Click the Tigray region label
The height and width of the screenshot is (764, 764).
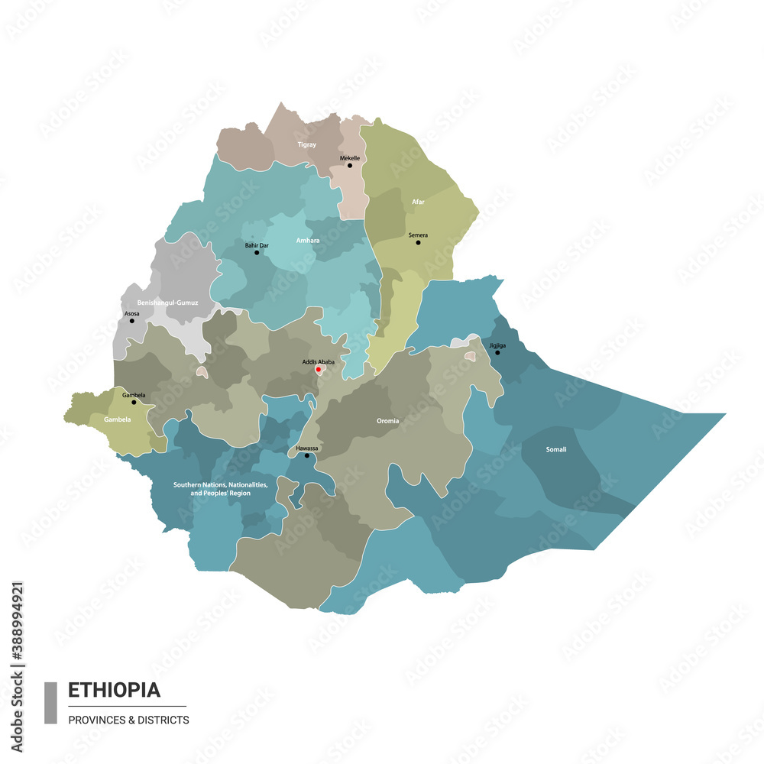[x=306, y=144]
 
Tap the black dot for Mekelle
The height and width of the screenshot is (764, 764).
[x=350, y=165]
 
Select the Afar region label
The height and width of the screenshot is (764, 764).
[x=418, y=202]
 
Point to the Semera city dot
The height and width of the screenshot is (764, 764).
[x=418, y=242]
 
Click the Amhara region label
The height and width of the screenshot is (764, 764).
[x=308, y=241]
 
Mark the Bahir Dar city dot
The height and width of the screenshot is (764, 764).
[x=257, y=252]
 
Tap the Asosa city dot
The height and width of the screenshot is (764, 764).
[x=132, y=320]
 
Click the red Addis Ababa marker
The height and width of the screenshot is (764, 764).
[x=318, y=370]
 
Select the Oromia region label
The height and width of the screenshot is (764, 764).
[x=387, y=421]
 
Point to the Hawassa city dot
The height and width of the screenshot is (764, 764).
[x=307, y=456]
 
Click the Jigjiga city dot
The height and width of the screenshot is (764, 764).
[x=497, y=352]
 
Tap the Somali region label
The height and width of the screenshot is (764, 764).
[x=556, y=449]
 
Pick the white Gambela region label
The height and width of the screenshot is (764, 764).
[x=118, y=420]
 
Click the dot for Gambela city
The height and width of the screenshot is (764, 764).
[x=134, y=402]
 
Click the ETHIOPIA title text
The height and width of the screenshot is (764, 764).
[x=115, y=691]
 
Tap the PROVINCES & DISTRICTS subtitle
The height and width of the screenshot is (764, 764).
[x=128, y=720]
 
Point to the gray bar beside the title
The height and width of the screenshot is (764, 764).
[x=50, y=702]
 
